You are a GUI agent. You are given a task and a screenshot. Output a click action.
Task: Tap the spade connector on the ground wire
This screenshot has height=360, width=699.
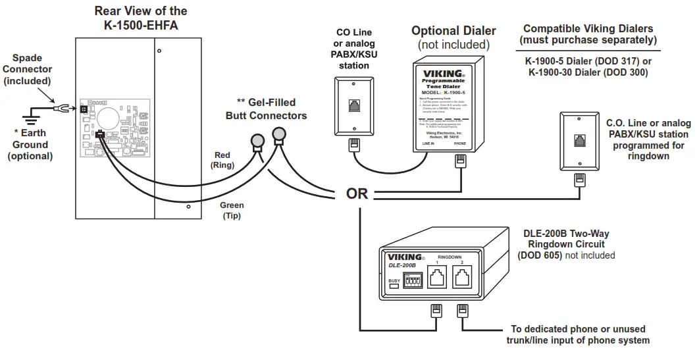[x=60, y=108]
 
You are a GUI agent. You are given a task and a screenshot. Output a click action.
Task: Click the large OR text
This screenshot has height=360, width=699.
[x=357, y=194]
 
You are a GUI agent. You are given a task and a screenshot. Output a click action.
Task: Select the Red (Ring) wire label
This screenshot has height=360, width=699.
[x=222, y=160]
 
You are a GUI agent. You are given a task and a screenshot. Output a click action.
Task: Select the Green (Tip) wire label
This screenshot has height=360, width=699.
[x=232, y=210]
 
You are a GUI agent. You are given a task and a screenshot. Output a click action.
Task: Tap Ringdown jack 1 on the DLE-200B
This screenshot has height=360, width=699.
[x=437, y=278]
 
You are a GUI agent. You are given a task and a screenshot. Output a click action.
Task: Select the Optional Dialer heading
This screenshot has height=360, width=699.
[x=453, y=31]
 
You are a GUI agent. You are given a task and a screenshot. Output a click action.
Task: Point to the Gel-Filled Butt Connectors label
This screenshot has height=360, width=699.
[x=266, y=109]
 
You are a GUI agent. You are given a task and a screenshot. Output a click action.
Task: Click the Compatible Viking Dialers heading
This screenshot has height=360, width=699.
[x=588, y=34]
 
